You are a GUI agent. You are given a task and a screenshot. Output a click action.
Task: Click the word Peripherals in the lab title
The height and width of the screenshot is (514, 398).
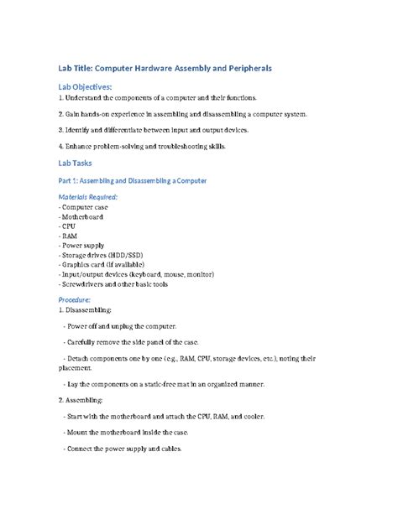[260, 66]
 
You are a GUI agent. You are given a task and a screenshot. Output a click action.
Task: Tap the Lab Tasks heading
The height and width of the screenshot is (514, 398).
[76, 163]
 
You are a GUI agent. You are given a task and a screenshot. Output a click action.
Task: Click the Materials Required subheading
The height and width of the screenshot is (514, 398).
[88, 196]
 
